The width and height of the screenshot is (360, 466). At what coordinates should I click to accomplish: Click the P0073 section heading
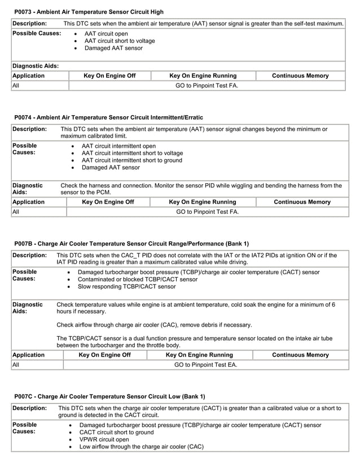click(89, 11)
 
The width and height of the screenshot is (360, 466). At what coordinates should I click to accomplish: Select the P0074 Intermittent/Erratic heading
click(108, 117)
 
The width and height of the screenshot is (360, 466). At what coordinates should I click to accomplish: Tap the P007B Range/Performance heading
click(131, 244)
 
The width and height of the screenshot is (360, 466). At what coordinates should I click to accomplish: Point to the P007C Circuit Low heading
click(109, 397)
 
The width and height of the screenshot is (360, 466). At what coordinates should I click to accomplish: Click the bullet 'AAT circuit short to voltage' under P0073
click(120, 41)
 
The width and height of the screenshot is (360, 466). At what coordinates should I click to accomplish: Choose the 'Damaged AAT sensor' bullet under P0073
click(113, 49)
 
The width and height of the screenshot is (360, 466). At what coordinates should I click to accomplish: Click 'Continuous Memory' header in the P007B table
click(300, 355)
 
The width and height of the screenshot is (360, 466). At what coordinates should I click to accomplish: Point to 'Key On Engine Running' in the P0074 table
click(203, 202)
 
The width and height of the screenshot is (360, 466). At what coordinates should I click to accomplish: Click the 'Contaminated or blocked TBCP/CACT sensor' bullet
click(137, 279)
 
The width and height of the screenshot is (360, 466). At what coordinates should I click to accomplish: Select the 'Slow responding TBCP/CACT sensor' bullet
click(126, 287)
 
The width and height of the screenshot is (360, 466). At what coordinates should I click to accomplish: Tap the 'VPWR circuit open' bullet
click(104, 439)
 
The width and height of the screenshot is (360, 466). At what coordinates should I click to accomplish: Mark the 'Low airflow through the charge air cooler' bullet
click(141, 446)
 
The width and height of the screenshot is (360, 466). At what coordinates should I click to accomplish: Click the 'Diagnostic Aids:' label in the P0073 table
click(35, 66)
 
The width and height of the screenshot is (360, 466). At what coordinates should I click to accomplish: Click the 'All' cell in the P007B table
click(16, 365)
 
